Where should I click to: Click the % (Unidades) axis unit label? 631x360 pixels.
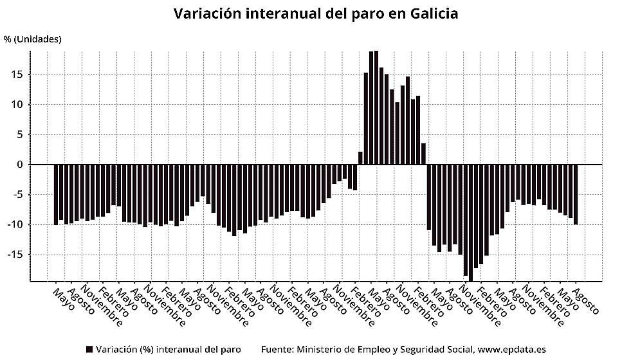pos(32,39)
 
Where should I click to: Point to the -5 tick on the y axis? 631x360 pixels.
pos(19,195)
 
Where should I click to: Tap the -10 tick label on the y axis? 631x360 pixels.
pos(16,225)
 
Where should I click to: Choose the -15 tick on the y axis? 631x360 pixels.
pos(16,255)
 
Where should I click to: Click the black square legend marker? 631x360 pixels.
pos(89,350)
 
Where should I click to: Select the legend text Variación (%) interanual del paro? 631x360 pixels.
pos(168,350)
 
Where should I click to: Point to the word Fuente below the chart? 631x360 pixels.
pos(277,350)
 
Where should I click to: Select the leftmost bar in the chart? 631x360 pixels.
pos(56,195)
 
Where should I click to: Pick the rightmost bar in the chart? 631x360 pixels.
pos(576,194)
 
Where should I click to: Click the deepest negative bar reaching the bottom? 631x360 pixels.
pos(471,222)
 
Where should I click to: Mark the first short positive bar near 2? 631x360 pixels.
pos(361,158)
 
